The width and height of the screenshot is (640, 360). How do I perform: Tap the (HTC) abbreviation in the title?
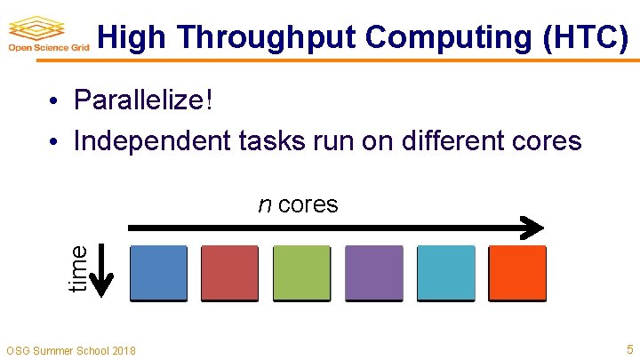click(x=588, y=37)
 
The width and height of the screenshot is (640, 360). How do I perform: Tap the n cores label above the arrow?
click(x=298, y=204)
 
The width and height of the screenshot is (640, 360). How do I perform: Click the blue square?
click(x=159, y=273)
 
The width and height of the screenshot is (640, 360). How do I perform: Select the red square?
click(x=230, y=273)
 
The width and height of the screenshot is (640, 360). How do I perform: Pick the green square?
click(x=301, y=273)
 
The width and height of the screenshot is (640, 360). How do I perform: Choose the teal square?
click(x=444, y=273)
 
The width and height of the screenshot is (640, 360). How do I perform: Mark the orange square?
click(x=516, y=273)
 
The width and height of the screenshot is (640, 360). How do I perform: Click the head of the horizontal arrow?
click(x=532, y=228)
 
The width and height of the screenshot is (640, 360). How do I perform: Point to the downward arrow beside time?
click(x=103, y=271)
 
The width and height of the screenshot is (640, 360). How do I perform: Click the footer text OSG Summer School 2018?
click(x=71, y=350)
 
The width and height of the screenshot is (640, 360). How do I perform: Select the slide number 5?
click(x=629, y=348)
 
